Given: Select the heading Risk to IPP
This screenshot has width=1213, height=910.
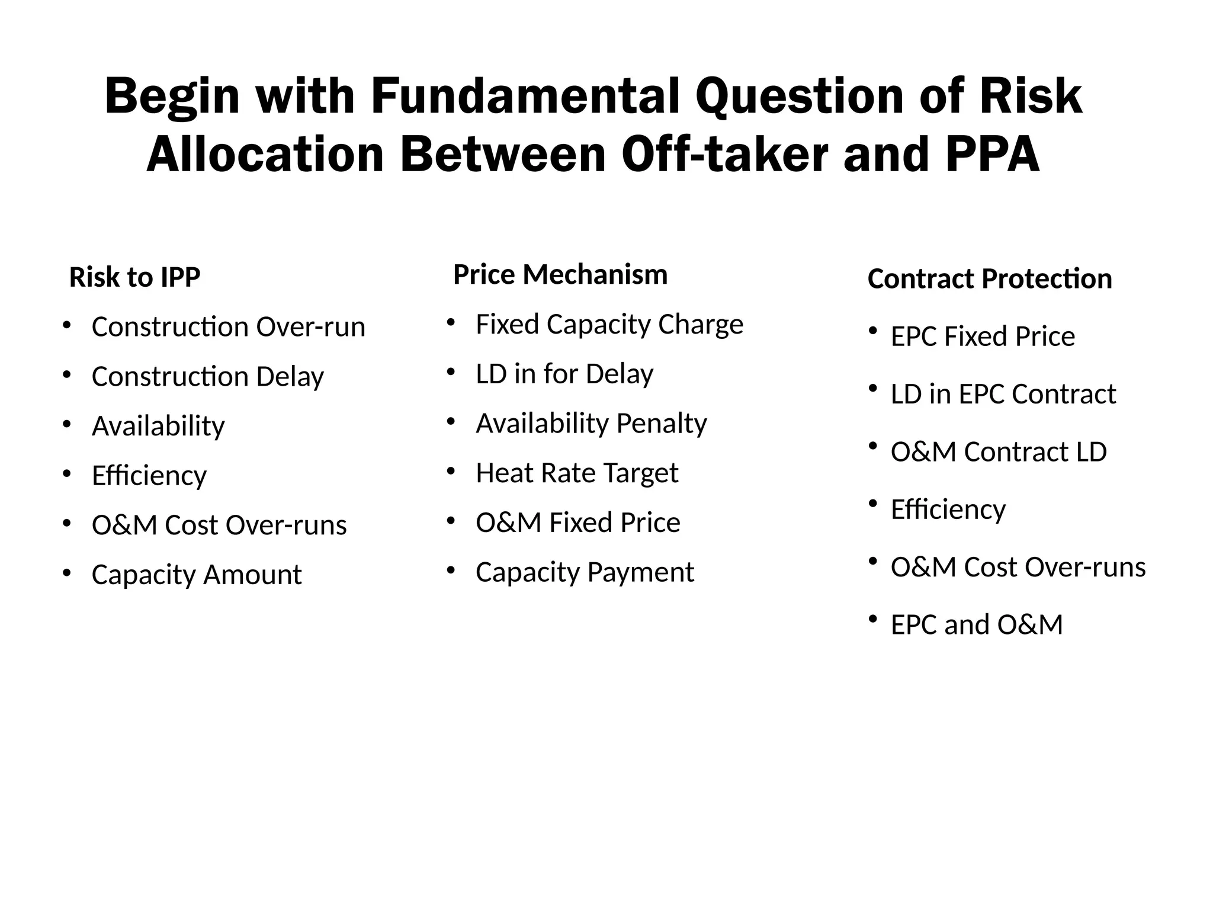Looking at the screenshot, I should point(135,277).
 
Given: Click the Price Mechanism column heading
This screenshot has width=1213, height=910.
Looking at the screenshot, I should point(560,274).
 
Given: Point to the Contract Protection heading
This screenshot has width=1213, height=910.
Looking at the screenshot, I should point(990,278).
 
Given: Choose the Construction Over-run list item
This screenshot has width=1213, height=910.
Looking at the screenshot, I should point(229,326).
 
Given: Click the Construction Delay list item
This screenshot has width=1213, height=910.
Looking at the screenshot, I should point(208,376).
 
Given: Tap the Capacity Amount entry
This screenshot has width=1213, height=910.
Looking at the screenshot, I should point(197,574).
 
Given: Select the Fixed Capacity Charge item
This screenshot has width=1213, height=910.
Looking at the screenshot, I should point(609,324).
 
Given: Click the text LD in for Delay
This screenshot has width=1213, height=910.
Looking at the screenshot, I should point(564,374).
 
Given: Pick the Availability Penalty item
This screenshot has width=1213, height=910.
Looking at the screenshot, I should point(591,423).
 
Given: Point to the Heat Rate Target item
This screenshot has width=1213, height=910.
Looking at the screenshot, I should point(577,473).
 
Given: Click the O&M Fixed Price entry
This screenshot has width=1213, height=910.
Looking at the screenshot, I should point(578,522).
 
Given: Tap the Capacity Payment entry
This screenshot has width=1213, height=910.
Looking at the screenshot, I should point(585,572).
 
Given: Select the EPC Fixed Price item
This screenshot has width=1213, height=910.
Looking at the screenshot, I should point(983,336).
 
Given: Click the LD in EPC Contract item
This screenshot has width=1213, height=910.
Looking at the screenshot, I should point(1003,394).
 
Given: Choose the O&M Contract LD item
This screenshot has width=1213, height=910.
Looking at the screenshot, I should point(999,451).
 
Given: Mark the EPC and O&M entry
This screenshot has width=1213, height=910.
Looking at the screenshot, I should point(977,624).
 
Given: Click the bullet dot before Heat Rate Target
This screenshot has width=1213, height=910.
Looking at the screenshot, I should point(451,472).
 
